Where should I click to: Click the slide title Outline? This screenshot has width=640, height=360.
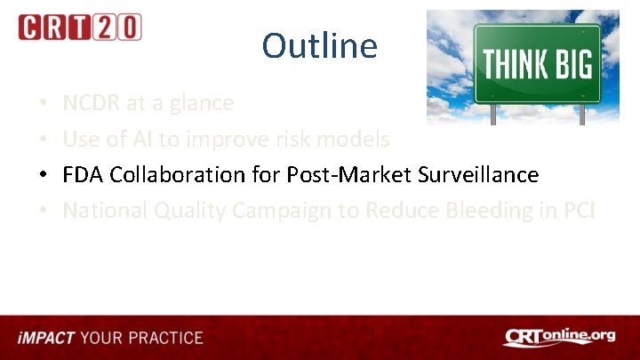(319, 45)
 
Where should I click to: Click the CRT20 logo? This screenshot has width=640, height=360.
(79, 27)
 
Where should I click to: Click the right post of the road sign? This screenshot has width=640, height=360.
(580, 115)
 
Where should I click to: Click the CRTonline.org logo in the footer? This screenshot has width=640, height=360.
(559, 337)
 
